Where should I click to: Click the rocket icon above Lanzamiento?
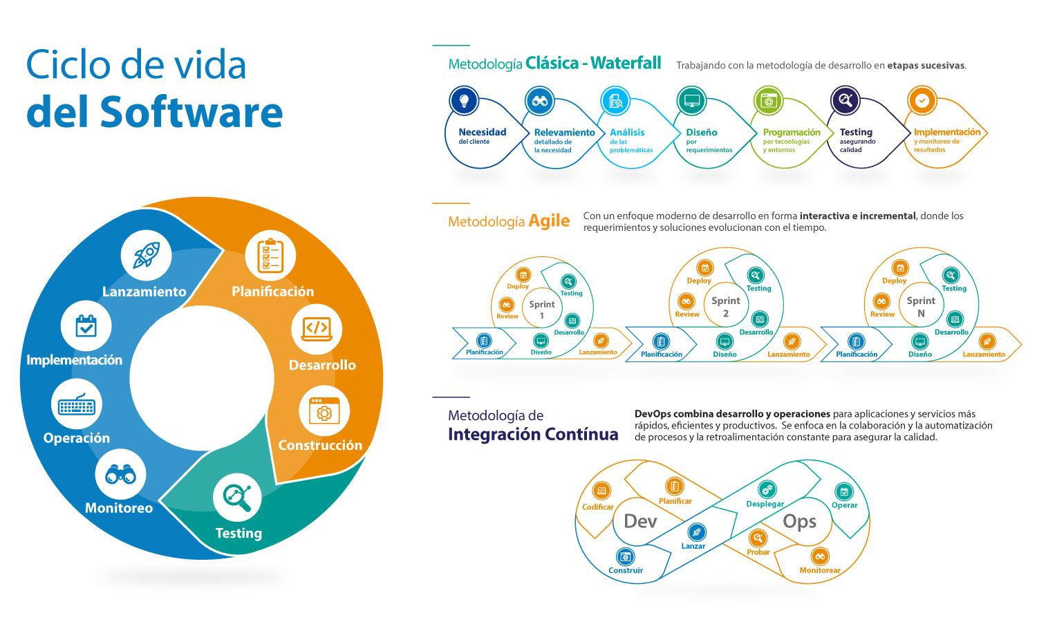pos(146,255)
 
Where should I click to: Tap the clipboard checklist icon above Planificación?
pos(270,256)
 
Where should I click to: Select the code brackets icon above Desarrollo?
pos(317,328)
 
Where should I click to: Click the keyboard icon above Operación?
pos(76,404)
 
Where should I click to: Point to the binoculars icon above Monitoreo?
pos(120,474)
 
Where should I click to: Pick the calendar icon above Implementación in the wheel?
pos(86,326)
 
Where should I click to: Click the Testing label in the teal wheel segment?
pos(239,533)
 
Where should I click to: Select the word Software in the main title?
pos(191,112)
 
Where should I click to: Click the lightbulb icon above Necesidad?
pos(464,101)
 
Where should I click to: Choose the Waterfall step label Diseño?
pos(701,132)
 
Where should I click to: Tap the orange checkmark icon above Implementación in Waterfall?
pos(922,101)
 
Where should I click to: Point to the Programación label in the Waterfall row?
pos(792,132)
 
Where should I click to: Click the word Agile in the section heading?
pos(549,221)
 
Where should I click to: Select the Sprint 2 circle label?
pos(726,307)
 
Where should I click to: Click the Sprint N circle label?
pos(921,307)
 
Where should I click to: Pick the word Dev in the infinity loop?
pos(640,521)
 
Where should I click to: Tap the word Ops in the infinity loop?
pos(799,521)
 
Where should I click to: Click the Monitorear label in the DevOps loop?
pos(820,570)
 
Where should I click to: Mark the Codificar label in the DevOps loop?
pos(598,507)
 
